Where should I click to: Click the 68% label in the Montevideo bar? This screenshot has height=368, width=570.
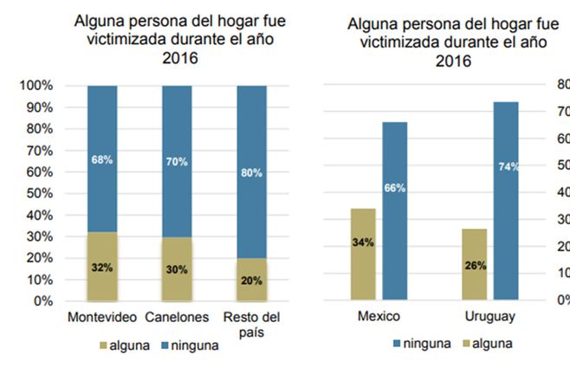(x=102, y=159)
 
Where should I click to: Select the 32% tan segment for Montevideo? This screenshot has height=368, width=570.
(x=102, y=267)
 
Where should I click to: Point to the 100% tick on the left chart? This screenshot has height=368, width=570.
(x=36, y=86)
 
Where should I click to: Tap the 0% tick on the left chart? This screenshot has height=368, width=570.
(x=42, y=301)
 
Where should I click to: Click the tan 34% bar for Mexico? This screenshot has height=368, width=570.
(x=363, y=254)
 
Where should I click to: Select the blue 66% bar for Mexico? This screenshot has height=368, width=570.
(x=394, y=210)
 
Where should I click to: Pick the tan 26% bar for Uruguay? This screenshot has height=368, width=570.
(x=475, y=264)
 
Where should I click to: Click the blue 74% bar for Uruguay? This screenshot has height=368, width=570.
(x=506, y=201)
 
